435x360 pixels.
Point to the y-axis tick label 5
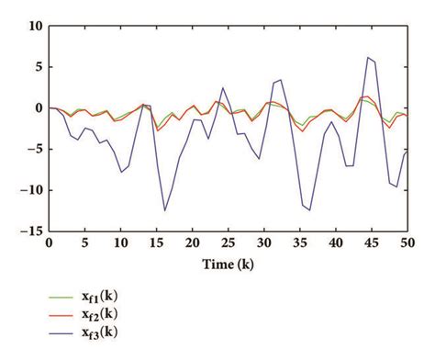coord(36,67)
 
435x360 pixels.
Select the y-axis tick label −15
coord(29,232)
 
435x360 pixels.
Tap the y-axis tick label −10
coord(29,191)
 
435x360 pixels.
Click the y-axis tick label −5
coord(33,150)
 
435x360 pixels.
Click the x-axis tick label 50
coord(406,245)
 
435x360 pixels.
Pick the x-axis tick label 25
coord(227,245)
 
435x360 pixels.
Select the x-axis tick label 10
coord(119,245)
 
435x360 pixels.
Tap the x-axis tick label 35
coord(298,245)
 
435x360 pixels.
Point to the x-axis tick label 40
coord(334,245)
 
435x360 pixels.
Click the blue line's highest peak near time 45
coord(368,57)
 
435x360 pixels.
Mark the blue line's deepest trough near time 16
coord(165,210)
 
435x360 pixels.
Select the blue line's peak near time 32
coord(281,79)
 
